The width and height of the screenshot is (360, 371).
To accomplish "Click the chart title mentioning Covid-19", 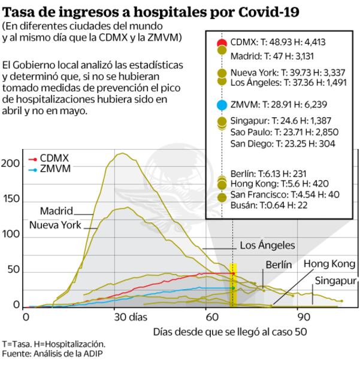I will tap(152, 11).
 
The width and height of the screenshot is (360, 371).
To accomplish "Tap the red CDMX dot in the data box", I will tap(222, 43).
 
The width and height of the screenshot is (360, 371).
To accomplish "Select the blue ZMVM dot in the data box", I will tap(222, 105).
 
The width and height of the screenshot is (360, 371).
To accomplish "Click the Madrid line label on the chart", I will tap(56, 211).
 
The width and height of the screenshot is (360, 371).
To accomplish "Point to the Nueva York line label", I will tap(55, 226).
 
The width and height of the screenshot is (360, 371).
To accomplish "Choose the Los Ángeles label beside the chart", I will tap(267, 245).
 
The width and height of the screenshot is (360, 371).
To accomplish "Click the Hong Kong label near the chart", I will tap(330, 264).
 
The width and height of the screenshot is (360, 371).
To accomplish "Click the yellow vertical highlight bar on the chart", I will tap(233, 284).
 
